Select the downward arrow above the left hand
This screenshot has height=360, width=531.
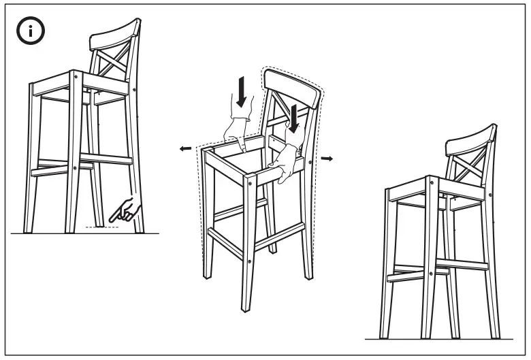click(x=240, y=92)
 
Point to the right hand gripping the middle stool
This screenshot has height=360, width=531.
click(x=285, y=163)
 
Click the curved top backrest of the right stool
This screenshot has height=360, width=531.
click(x=471, y=139)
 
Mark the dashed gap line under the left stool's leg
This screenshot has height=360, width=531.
click(x=102, y=227)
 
